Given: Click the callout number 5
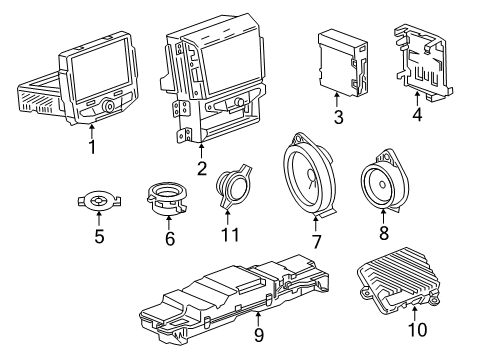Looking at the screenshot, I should click(x=98, y=238).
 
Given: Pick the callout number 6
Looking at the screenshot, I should click(x=169, y=240).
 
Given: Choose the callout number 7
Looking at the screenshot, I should click(x=317, y=241).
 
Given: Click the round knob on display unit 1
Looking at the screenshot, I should click(x=107, y=102).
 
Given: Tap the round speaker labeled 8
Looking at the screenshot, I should click(x=384, y=182).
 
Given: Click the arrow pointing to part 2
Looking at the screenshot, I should click(x=201, y=151).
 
